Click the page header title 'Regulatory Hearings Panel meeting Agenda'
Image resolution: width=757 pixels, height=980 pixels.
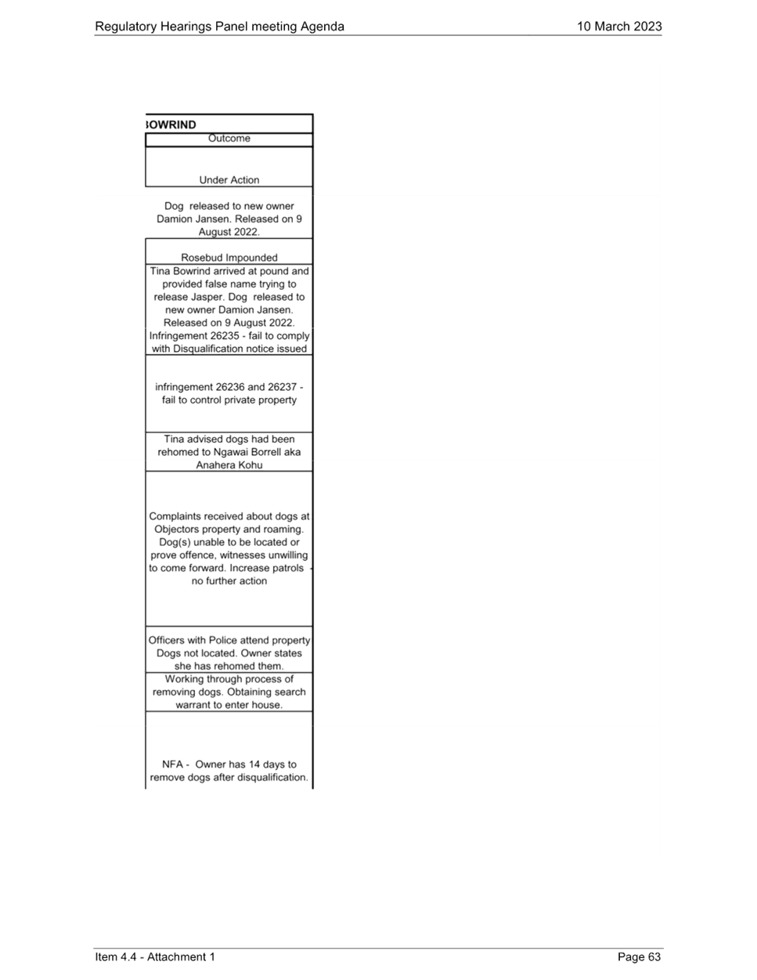coord(219,27)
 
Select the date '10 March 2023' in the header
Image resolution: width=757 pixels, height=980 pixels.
coord(619,27)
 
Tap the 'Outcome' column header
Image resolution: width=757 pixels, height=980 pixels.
coord(229,139)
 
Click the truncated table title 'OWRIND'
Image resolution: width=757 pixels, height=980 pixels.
coord(171,125)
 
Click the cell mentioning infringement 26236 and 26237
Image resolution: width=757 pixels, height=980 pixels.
coord(229,394)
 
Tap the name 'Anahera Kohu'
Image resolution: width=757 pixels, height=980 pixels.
coord(229,465)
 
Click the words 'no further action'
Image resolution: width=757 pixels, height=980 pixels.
coord(229,581)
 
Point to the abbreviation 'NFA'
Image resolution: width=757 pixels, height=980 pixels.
coord(172,765)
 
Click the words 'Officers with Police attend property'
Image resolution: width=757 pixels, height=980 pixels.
coord(229,640)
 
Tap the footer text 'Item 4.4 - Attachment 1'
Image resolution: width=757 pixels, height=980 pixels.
coord(155,956)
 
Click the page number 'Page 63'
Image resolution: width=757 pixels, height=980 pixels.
coord(639,956)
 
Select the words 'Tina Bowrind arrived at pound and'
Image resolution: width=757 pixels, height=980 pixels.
coord(229,271)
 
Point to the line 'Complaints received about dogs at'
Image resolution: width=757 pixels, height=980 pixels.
coord(229,516)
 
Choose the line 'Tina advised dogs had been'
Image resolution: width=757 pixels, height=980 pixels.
coord(229,439)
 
